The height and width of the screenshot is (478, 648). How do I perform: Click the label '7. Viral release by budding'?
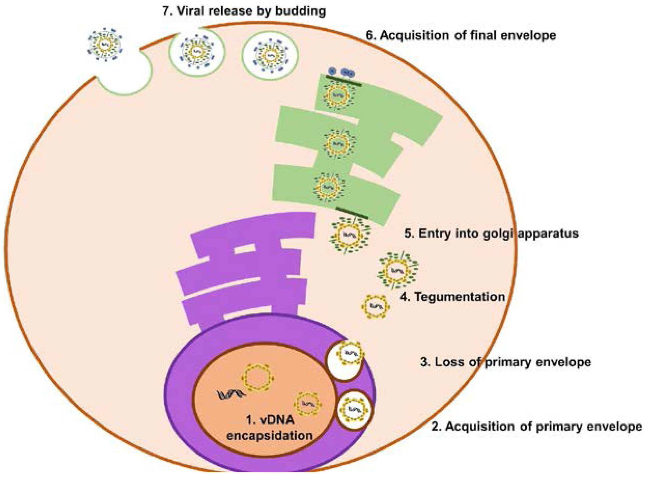[x=244, y=11]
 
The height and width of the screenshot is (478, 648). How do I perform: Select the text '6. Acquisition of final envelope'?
[x=461, y=35]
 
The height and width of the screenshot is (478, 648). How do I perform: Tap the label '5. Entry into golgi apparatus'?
[x=491, y=233]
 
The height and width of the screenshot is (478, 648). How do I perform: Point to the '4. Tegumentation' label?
[x=452, y=296]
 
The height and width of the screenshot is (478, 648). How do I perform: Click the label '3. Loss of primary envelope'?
[x=506, y=362]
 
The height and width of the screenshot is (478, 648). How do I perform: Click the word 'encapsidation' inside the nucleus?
[x=269, y=435]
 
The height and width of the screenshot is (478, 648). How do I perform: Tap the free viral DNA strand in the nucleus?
[x=231, y=394]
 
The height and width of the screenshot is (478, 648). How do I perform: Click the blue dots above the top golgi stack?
[x=343, y=72]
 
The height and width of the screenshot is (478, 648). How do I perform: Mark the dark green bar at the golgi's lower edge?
[x=352, y=213]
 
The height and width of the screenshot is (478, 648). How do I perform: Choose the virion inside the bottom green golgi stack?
[x=329, y=187]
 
